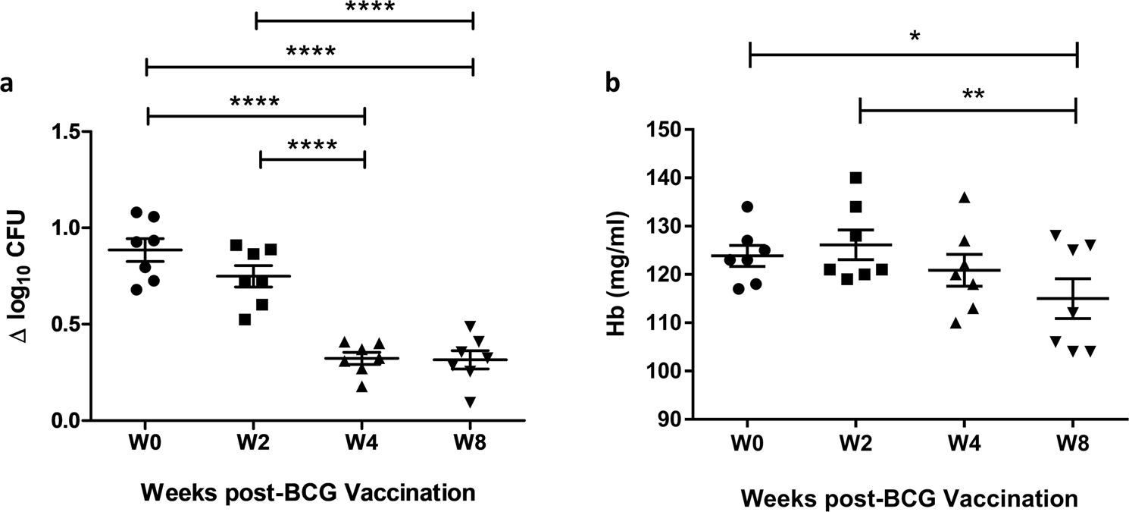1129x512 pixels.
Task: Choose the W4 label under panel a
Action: (364, 442)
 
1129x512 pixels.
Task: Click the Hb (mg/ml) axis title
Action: (630, 275)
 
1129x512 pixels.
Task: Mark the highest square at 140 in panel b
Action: (855, 177)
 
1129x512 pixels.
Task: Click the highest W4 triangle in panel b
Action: (965, 197)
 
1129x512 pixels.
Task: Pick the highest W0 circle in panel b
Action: (746, 206)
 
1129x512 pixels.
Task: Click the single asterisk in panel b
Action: (915, 35)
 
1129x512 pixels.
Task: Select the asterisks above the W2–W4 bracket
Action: (311, 144)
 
